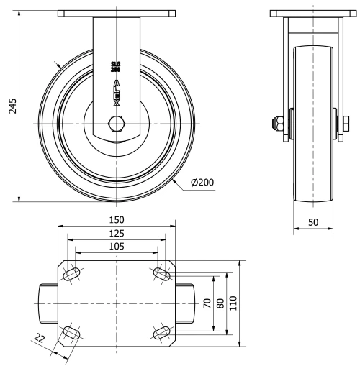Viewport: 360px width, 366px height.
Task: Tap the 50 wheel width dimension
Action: point(313,223)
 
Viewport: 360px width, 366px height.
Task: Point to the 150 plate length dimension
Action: point(116,219)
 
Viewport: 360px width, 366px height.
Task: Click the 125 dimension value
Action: point(116,233)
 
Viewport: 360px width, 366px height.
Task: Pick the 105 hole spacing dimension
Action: point(116,246)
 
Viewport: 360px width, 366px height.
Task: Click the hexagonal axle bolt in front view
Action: point(116,124)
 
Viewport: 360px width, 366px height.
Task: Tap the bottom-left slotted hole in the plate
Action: point(72,332)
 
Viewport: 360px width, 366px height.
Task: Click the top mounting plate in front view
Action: point(116,14)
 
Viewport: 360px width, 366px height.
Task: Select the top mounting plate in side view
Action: point(313,14)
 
